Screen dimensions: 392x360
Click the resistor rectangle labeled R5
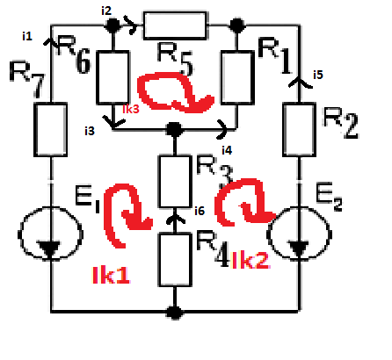click(175, 25)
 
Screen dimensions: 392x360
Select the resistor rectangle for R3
click(175, 182)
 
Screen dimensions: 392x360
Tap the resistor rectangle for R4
click(175, 260)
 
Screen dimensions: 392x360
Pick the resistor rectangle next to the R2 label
click(299, 129)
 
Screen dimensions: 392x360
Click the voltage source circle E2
click(299, 234)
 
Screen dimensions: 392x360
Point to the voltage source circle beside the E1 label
click(50, 234)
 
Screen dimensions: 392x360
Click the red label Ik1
click(111, 275)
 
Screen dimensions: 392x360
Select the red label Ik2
click(250, 261)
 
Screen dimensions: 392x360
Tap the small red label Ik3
click(131, 109)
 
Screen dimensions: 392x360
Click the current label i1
click(27, 36)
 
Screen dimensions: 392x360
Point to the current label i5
click(318, 75)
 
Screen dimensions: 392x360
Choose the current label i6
click(200, 211)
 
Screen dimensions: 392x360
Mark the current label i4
click(227, 150)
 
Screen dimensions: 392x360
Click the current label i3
click(90, 131)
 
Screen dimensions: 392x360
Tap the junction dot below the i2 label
click(113, 25)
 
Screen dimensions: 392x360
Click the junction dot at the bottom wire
click(175, 313)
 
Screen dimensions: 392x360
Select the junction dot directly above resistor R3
click(175, 129)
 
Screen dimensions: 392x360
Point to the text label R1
click(274, 55)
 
